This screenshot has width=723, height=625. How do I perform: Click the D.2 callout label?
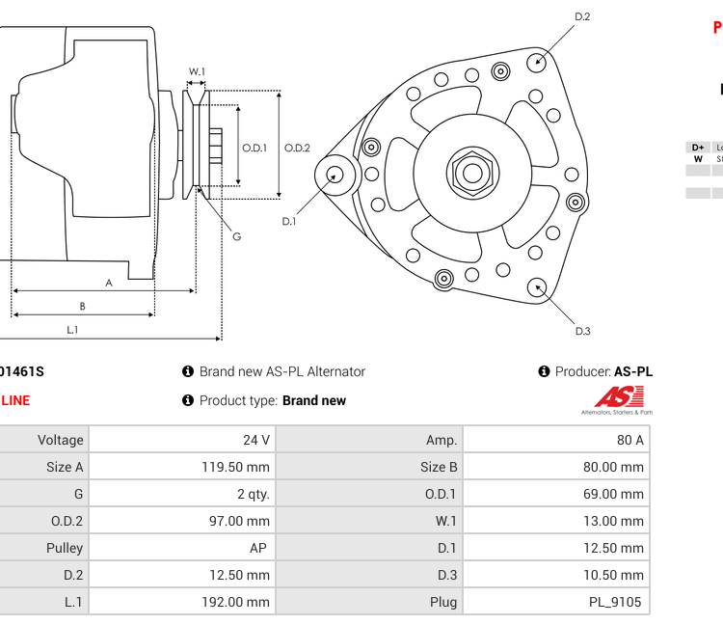[582, 16]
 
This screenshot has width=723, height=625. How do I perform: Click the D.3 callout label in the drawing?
[582, 332]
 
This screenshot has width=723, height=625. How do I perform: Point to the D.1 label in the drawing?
[288, 222]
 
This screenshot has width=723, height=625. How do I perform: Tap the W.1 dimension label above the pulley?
[197, 71]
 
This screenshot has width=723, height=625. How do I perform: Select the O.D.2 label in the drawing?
[297, 148]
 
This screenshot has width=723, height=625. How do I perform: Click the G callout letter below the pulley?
[237, 236]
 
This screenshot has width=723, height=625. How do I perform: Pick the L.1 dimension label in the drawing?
[72, 330]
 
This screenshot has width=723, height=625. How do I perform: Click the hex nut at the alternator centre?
[471, 174]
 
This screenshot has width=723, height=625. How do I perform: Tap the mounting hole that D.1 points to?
[335, 175]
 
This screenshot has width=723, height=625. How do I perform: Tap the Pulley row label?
[64, 548]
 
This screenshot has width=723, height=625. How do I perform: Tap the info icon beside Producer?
[544, 371]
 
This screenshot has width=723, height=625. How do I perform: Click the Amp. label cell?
[442, 440]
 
